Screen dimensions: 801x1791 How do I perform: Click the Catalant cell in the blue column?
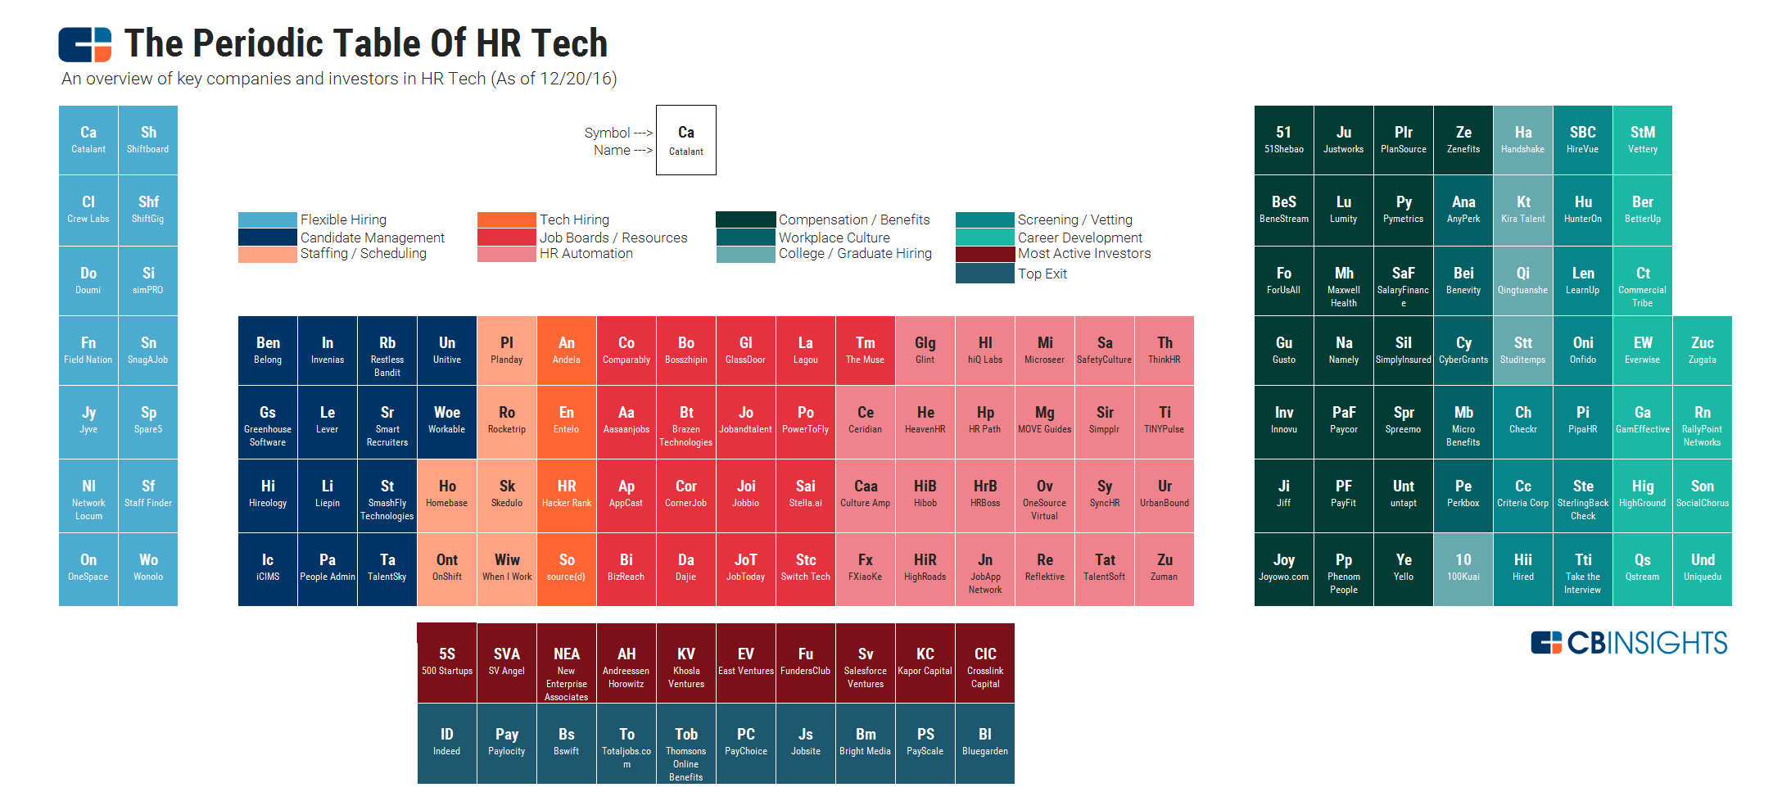click(88, 140)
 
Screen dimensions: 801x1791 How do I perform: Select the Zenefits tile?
click(1463, 140)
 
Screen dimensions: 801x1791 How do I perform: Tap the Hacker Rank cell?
click(567, 495)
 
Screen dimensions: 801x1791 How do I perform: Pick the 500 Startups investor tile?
click(447, 662)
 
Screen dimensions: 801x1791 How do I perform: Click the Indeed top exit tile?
click(447, 742)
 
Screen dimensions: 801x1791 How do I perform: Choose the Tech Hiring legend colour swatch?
click(506, 219)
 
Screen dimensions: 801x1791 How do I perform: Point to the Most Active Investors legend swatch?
click(984, 254)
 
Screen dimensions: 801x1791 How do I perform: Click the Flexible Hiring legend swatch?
click(267, 219)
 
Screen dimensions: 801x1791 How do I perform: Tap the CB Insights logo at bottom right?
click(1629, 643)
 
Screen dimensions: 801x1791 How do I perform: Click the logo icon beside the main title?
click(84, 44)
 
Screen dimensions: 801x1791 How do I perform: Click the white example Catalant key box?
click(686, 140)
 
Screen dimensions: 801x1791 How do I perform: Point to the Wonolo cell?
click(148, 568)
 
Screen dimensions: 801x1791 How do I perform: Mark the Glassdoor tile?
click(746, 351)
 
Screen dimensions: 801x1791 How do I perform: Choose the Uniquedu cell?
click(1703, 568)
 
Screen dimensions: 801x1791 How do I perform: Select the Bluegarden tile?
click(985, 742)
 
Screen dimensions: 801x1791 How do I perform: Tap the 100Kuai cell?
click(1463, 568)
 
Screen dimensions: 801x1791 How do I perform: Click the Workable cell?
click(447, 421)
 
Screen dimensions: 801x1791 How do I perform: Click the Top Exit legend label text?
click(1042, 274)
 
